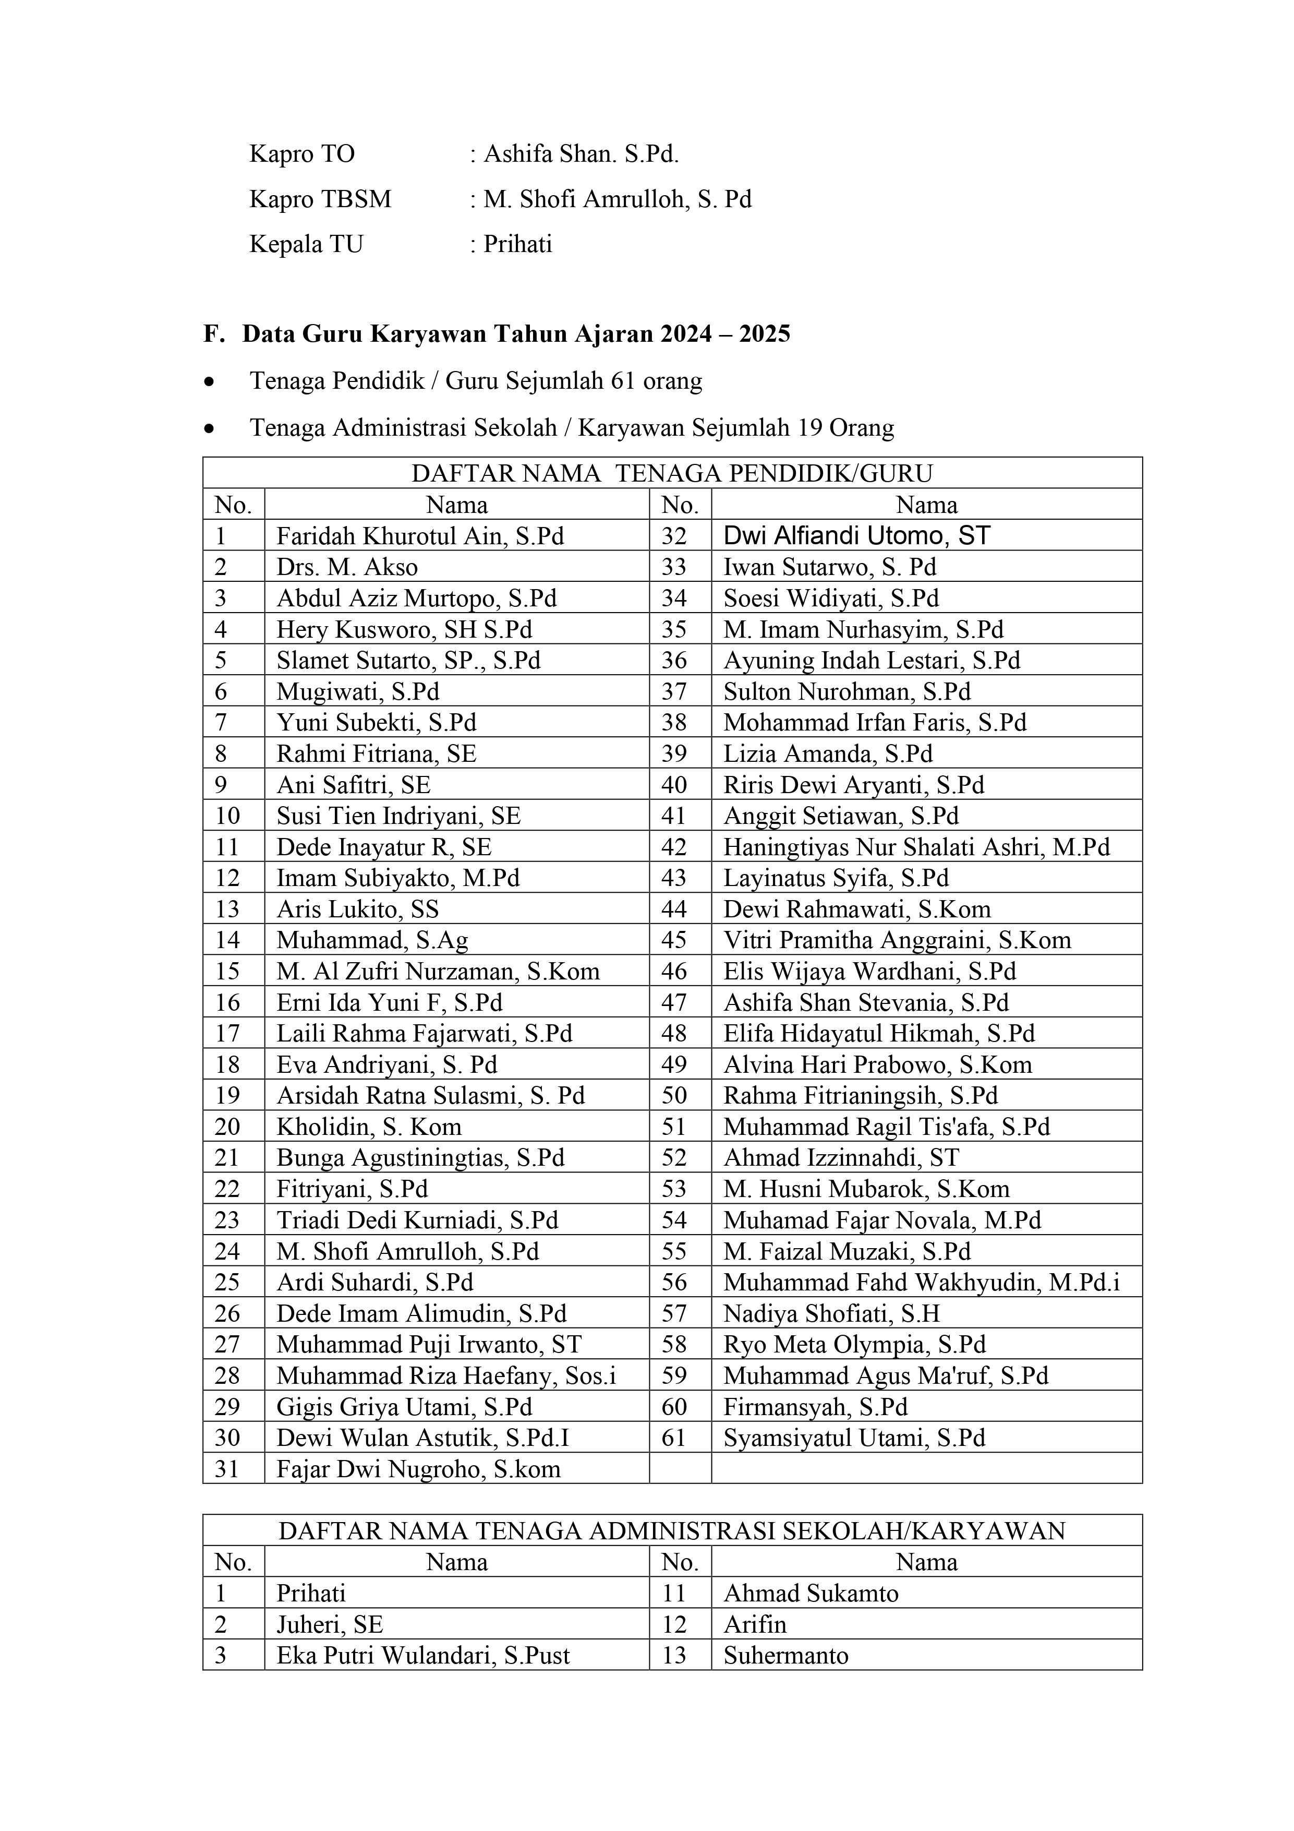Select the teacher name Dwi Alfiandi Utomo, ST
click(x=856, y=536)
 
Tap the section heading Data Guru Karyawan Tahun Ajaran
click(x=516, y=333)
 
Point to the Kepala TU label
click(x=306, y=244)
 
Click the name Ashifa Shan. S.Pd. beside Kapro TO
click(x=581, y=154)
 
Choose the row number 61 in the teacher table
click(x=674, y=1438)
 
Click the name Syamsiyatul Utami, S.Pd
click(x=854, y=1438)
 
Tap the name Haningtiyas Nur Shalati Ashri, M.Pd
click(x=916, y=847)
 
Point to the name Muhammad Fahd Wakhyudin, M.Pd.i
click(x=921, y=1283)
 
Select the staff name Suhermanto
click(x=785, y=1656)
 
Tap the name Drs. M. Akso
click(x=347, y=567)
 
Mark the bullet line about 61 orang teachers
click(x=476, y=381)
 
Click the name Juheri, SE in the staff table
click(x=329, y=1624)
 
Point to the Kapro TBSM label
click(x=321, y=199)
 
